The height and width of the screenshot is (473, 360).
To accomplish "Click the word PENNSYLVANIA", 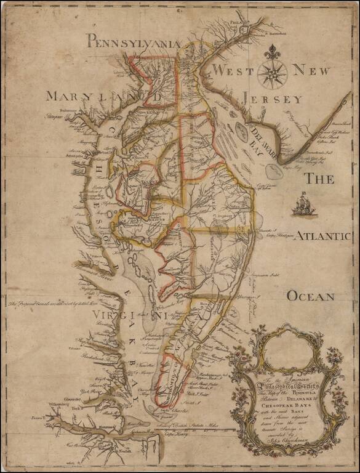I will tap(133, 42).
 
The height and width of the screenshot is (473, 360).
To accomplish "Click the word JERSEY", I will tap(272, 99).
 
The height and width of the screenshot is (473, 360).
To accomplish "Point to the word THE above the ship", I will tap(320, 179).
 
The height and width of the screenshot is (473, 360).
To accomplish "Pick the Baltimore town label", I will tap(55, 110).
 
